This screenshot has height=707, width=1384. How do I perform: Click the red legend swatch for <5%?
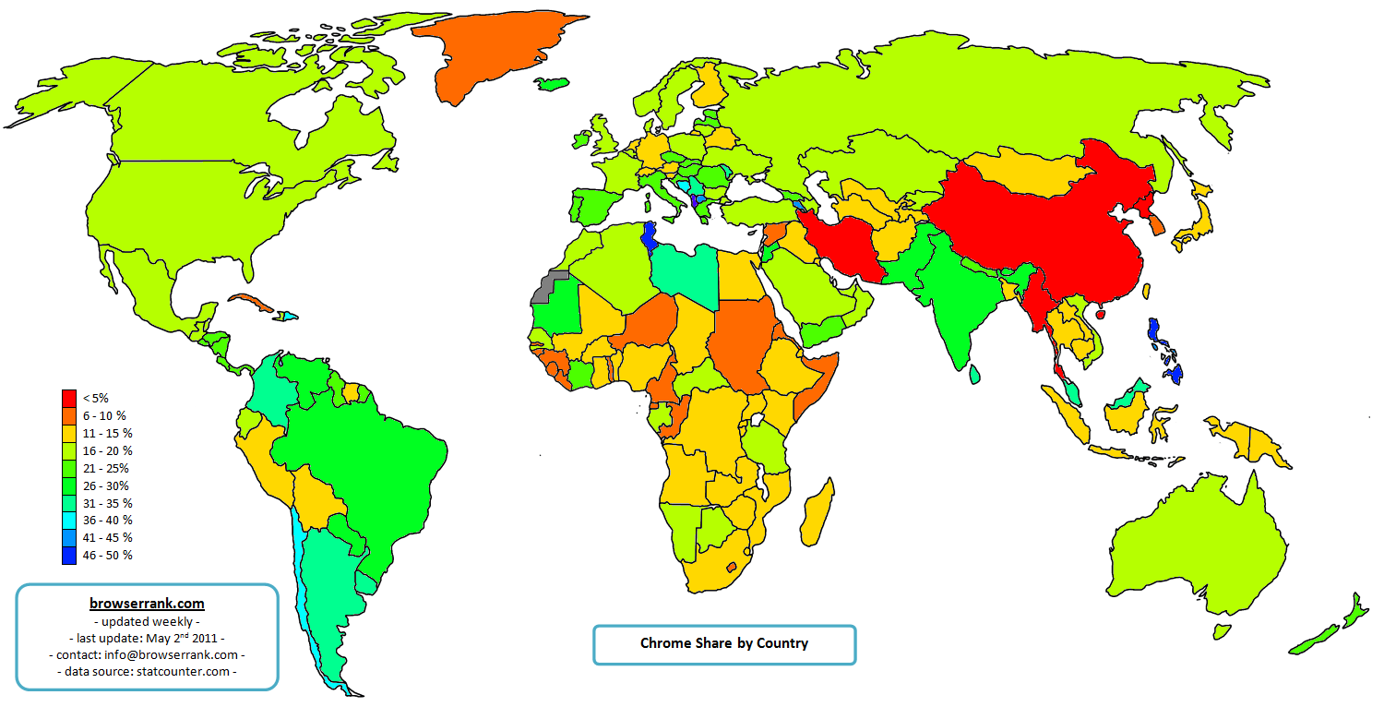click(69, 398)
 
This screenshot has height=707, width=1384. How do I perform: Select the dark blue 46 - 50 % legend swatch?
click(69, 556)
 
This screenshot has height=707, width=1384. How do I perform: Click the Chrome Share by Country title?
click(724, 643)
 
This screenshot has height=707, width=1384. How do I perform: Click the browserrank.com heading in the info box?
click(147, 604)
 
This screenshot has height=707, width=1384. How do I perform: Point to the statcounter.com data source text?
click(147, 671)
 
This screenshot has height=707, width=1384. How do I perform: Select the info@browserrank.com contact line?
click(147, 654)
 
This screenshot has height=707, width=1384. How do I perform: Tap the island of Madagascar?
click(816, 519)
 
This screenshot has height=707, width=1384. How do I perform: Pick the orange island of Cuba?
click(249, 303)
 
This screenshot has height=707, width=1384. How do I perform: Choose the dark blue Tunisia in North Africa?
click(651, 238)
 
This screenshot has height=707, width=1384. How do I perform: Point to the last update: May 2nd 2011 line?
click(147, 638)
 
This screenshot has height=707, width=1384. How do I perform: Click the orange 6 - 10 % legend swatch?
click(69, 415)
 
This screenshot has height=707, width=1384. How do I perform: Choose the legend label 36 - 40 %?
click(107, 521)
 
